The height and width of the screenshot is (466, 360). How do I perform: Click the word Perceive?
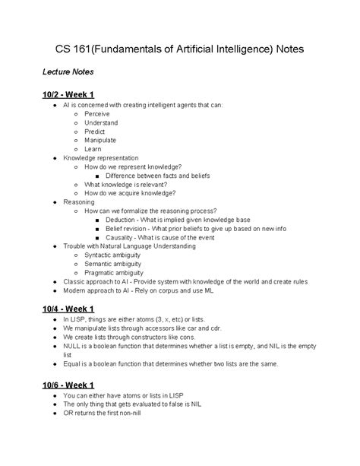(x=96, y=113)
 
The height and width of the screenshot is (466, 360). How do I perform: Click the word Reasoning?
(x=79, y=201)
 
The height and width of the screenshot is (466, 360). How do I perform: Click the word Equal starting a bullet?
(x=71, y=363)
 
